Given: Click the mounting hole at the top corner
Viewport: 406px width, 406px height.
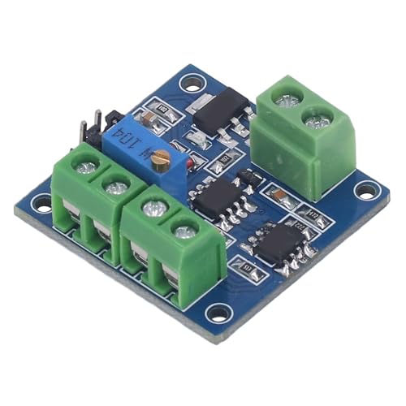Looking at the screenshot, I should (192, 83).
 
